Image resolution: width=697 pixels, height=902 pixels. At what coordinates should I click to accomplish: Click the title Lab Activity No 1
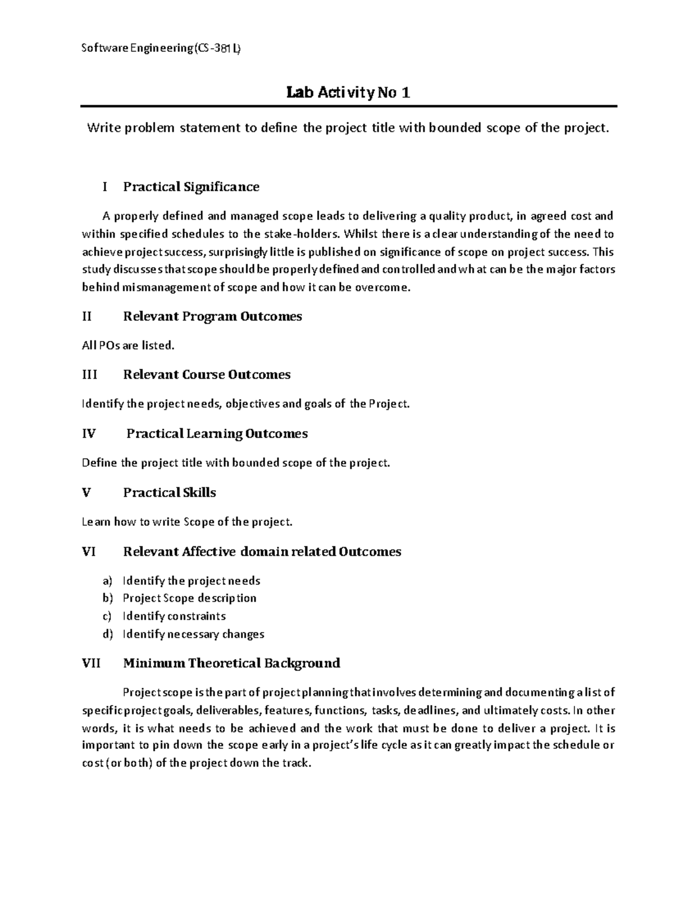point(348,92)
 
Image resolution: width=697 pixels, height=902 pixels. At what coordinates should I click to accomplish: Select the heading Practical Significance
point(191,186)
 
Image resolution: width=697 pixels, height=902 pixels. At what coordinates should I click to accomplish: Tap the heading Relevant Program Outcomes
point(213,317)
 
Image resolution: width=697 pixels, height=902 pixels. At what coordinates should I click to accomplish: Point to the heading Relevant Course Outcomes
point(207,375)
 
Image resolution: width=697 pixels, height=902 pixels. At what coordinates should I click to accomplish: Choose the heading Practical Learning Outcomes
point(217,434)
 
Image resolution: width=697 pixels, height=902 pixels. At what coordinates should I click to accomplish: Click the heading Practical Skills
point(170,493)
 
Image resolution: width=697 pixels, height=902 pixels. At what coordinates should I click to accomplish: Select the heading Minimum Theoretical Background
point(232,663)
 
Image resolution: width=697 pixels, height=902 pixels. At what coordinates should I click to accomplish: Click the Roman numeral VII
point(91,663)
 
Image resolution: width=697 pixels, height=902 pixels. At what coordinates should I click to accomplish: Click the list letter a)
point(107,581)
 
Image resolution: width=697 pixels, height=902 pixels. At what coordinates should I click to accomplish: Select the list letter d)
point(107,634)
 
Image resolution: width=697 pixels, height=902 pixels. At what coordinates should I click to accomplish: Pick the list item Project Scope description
point(189,598)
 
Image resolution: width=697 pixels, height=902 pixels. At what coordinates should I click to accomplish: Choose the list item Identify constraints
point(174,616)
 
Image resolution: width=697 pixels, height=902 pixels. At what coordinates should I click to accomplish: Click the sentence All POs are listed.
point(128,346)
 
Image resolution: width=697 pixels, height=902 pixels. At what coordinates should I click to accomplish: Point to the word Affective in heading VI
point(209,552)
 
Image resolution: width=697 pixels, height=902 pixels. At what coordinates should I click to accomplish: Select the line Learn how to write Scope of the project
point(187,522)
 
